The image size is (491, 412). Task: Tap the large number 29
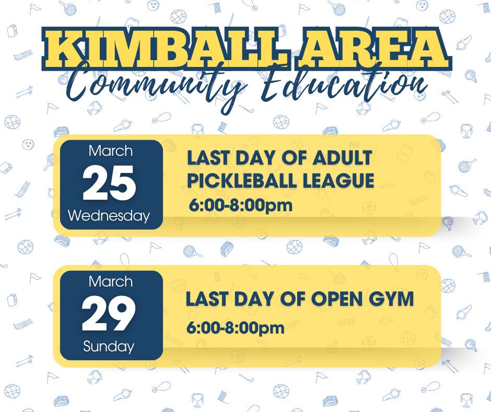pos(110,315)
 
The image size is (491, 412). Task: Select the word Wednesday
pos(109,215)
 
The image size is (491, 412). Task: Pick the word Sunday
pos(109,346)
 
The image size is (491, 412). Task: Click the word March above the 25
pos(110,151)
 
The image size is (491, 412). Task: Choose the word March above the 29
pos(110,282)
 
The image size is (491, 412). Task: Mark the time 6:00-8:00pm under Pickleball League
pos(240,205)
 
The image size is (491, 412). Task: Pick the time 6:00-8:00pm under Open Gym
pos(236,328)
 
